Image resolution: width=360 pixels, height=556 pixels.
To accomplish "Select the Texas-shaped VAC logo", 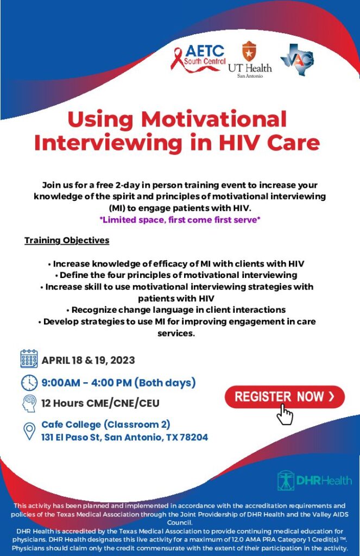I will tap(297, 59).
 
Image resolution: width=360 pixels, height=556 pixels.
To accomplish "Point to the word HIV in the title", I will tap(243, 142).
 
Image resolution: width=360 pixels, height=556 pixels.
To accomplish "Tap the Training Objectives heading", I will tap(67, 240).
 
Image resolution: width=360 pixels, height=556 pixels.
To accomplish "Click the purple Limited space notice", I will tap(180, 219).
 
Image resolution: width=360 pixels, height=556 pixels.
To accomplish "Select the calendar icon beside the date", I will tap(29, 359).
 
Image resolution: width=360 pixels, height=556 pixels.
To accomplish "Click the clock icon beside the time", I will tap(29, 382).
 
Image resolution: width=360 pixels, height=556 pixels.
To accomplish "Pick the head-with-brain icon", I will tap(29, 403).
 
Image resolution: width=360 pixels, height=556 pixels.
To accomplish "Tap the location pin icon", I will tap(29, 431).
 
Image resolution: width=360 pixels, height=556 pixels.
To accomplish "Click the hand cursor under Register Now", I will tap(284, 414).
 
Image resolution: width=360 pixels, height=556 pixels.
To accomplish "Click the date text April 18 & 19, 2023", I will tap(89, 360).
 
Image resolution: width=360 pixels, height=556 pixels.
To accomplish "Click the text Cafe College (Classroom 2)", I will tap(106, 424).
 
